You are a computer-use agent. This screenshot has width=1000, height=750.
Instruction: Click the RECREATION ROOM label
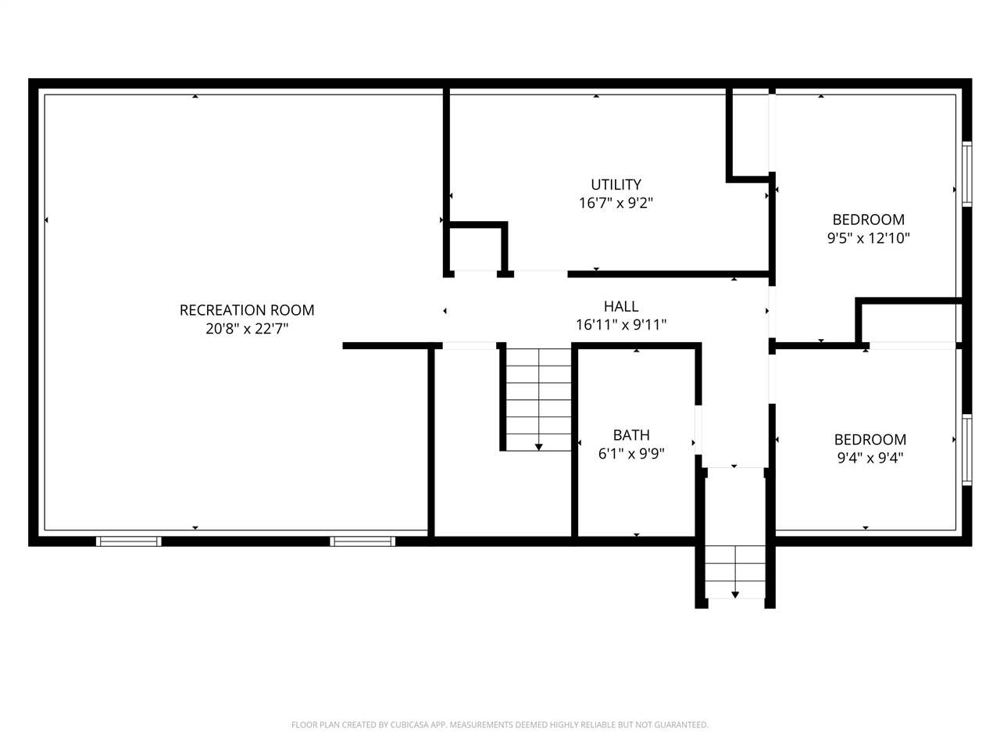(x=247, y=310)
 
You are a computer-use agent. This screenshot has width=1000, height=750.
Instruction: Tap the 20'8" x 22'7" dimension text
(x=247, y=328)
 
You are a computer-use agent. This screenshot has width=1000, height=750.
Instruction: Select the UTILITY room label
(x=616, y=184)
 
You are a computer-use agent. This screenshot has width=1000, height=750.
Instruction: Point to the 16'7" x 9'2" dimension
(x=616, y=202)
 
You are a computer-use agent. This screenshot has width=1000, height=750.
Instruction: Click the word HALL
(x=621, y=306)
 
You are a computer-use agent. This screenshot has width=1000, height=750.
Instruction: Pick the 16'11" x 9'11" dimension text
(x=621, y=325)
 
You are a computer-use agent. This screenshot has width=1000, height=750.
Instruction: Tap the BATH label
(x=631, y=435)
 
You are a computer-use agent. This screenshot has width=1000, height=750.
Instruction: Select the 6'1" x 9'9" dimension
(x=631, y=454)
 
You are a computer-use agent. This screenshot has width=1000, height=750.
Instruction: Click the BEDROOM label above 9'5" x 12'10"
(x=868, y=220)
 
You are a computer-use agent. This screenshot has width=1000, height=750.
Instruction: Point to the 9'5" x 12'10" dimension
(x=868, y=237)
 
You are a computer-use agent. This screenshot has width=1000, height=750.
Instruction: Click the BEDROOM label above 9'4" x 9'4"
(x=870, y=439)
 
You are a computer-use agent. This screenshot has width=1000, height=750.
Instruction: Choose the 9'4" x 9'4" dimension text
(x=870, y=458)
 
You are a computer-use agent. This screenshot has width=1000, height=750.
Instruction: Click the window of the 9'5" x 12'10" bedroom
(x=966, y=174)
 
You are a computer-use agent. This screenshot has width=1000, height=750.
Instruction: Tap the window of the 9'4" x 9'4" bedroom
(x=966, y=450)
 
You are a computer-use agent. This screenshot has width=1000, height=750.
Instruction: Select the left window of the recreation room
(x=128, y=541)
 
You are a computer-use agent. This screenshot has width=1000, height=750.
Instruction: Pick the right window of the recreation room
(x=362, y=541)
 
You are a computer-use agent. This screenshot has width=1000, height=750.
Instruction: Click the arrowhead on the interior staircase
(x=538, y=447)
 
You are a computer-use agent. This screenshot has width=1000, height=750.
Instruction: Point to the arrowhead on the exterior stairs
(x=735, y=595)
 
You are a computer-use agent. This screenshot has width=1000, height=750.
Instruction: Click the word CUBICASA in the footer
(x=408, y=724)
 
